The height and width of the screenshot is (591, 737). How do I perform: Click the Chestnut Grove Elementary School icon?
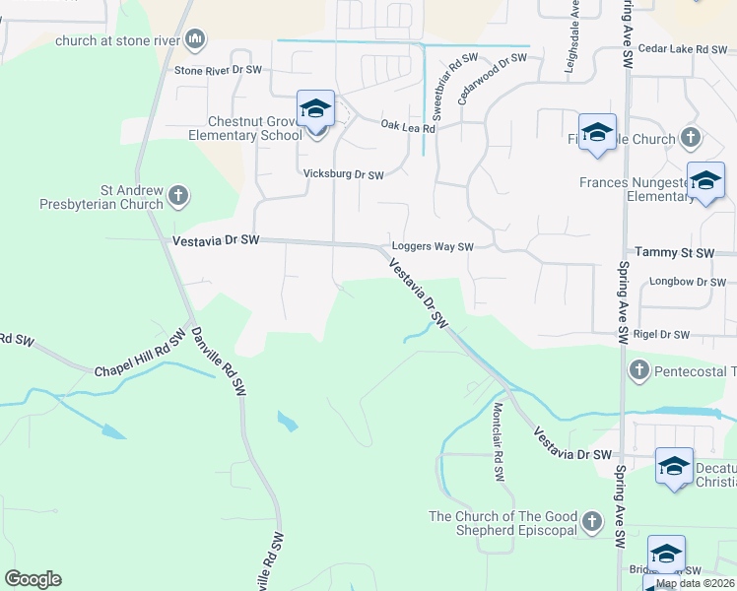click(x=315, y=109)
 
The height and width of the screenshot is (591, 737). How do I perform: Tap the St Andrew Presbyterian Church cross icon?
click(x=177, y=194)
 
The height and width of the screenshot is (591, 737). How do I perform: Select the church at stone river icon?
click(x=195, y=39)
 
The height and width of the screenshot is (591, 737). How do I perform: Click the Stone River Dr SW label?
click(x=218, y=71)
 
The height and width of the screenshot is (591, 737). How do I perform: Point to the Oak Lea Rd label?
click(x=408, y=125)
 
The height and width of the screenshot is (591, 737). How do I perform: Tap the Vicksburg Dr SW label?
click(x=343, y=175)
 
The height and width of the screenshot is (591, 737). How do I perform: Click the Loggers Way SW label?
click(x=433, y=247)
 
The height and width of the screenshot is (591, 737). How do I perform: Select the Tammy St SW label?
click(x=675, y=253)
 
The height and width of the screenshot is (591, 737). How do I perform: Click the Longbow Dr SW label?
click(x=688, y=282)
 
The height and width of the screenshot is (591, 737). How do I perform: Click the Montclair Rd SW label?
click(x=499, y=441)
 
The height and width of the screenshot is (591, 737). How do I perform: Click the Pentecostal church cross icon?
click(x=638, y=370)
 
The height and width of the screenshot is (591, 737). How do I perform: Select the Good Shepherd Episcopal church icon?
click(x=591, y=520)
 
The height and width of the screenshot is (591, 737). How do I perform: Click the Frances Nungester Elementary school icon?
click(x=705, y=180)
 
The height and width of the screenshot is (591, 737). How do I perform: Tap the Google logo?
click(x=33, y=579)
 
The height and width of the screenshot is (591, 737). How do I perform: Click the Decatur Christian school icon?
click(x=675, y=465)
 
